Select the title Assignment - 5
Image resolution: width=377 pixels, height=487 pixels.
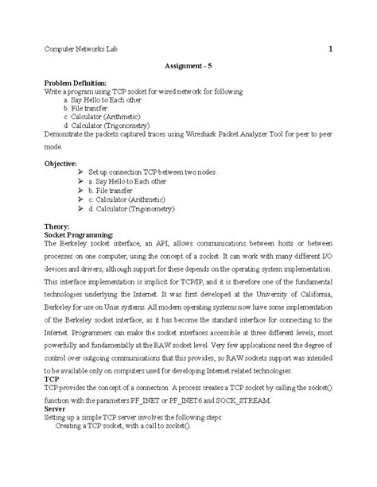click(188, 67)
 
